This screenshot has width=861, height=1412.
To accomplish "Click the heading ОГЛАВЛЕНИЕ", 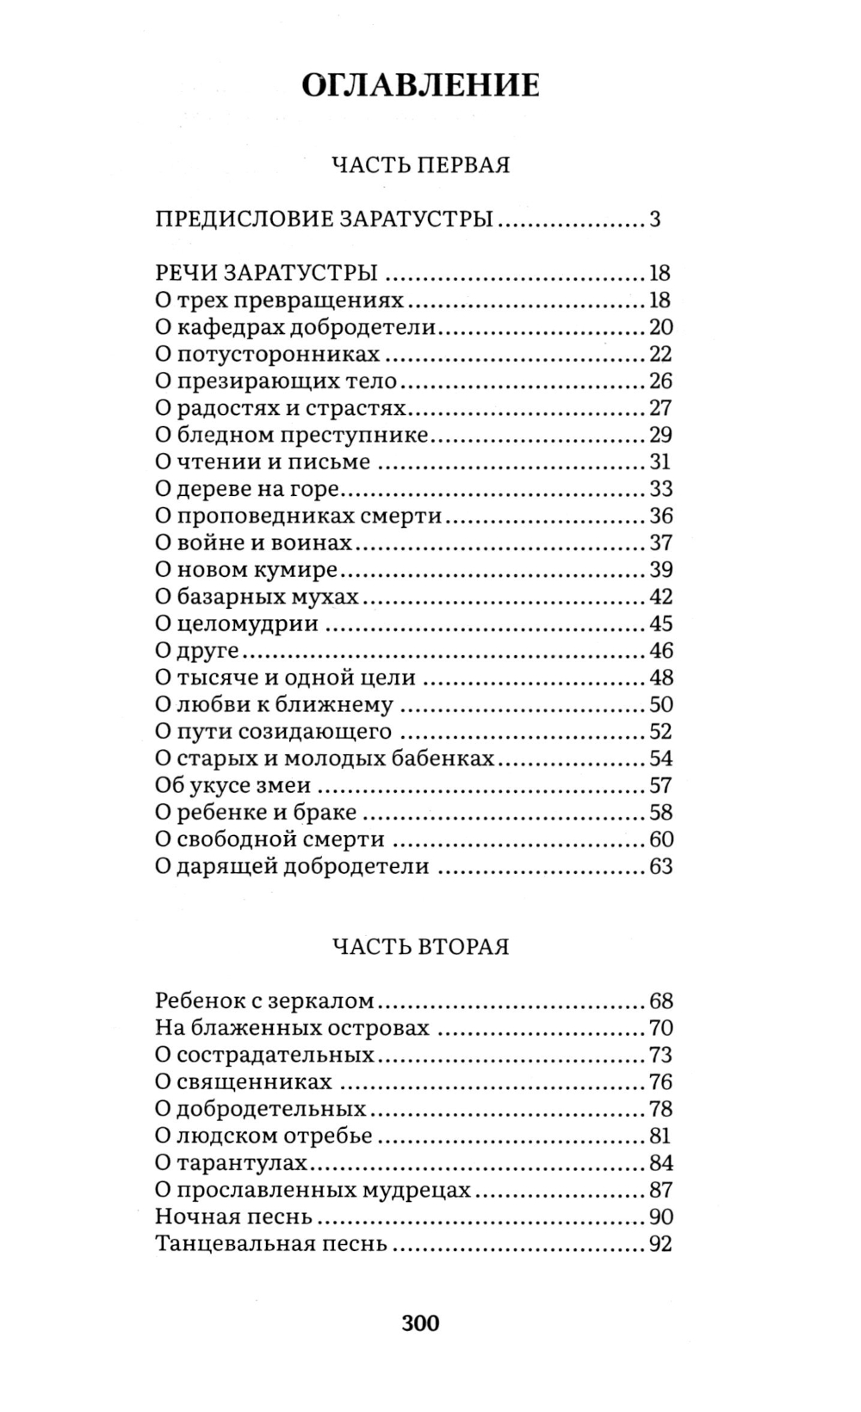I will (421, 86).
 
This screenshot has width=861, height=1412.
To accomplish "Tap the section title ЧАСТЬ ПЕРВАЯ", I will (421, 164).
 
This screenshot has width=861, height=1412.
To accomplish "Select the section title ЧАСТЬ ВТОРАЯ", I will (421, 947).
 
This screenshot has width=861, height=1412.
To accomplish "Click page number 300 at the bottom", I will (420, 1322).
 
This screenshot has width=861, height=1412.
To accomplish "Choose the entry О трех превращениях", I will (279, 300).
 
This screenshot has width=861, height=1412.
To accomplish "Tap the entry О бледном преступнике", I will (292, 435).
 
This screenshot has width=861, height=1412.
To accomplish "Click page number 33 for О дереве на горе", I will (660, 489).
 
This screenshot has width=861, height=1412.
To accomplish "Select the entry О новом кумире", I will (245, 570).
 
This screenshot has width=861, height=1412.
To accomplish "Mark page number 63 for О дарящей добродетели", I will (660, 866).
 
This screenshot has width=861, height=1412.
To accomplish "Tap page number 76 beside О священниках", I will (660, 1082).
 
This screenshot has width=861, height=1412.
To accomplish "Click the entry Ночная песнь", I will (233, 1217).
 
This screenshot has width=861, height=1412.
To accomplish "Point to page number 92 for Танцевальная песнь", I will (660, 1244).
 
